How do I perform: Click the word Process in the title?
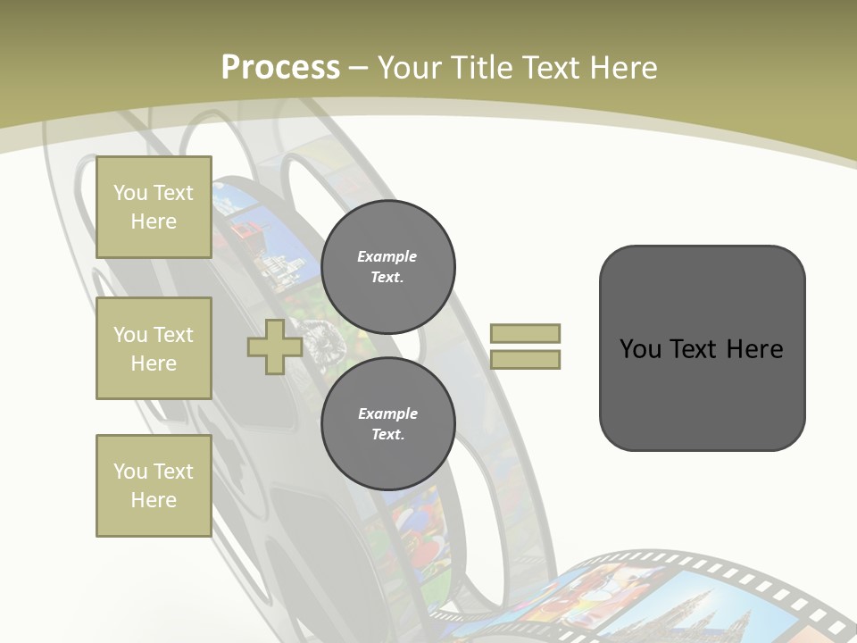280,68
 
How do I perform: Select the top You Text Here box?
154,207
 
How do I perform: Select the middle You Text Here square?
154,348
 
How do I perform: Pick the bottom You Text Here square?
154,486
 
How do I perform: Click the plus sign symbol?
274,347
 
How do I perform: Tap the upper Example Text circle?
388,267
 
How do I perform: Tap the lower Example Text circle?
388,424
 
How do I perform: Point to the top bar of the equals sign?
525,333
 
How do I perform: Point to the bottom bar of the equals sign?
525,360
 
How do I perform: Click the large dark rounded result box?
702,348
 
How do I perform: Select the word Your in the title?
409,68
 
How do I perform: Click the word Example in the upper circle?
387,256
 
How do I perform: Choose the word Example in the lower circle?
387,413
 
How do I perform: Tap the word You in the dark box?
640,349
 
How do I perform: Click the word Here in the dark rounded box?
754,349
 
